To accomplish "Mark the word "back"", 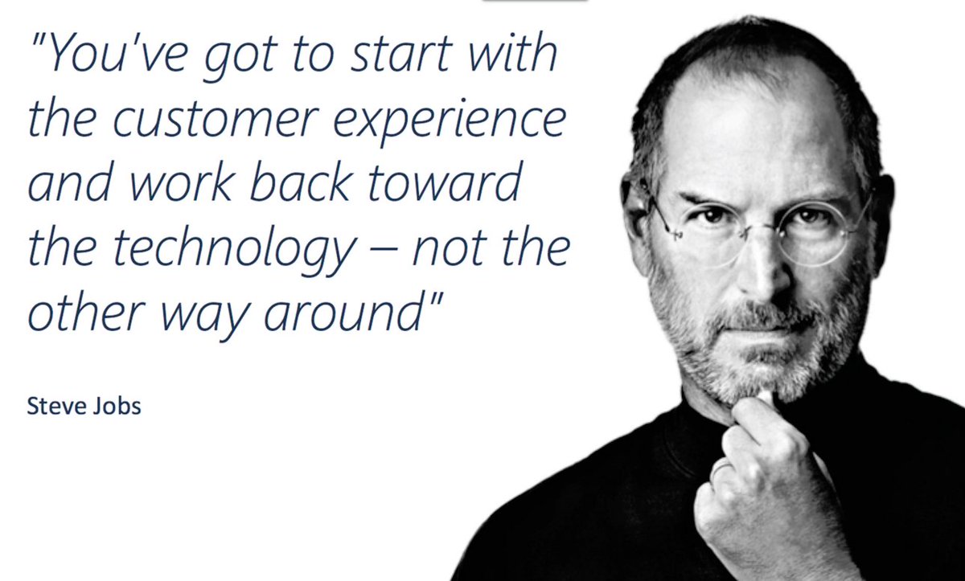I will pyautogui.click(x=302, y=182).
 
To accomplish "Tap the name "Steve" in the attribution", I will pyautogui.click(x=51, y=406).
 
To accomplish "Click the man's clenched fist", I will pyautogui.click(x=764, y=490).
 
